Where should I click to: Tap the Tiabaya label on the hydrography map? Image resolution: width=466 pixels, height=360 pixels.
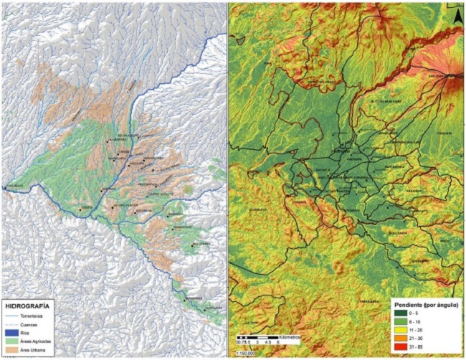pyautogui.click(x=85, y=209)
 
